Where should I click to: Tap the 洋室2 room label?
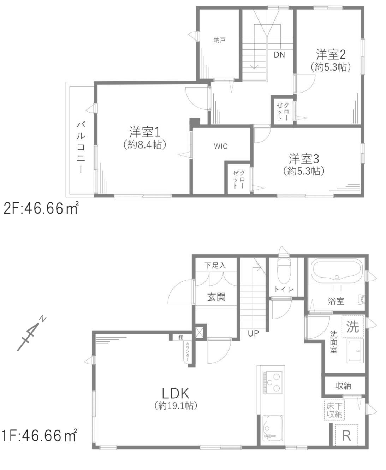[331, 54]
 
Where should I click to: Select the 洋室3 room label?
[304, 158]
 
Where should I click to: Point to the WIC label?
[220, 146]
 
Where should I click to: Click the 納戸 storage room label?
[220, 40]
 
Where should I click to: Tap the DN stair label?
[279, 55]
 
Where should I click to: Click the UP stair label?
[253, 333]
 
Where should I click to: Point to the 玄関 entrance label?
[216, 297]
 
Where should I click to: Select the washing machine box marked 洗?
[352, 326]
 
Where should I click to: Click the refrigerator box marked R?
[346, 435]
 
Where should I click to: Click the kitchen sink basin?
[272, 426]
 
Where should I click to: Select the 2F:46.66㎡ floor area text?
[41, 209]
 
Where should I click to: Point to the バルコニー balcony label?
[81, 147]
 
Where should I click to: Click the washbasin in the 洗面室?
[355, 351]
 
